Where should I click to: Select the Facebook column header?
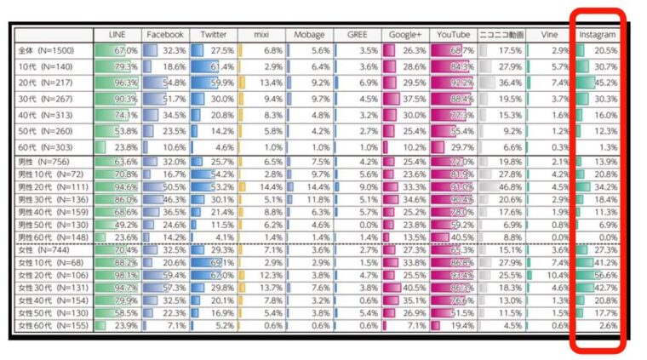click(164, 35)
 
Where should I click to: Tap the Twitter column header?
click(213, 35)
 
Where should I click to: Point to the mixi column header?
click(261, 35)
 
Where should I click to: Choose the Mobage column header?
click(309, 35)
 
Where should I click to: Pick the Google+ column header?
click(405, 35)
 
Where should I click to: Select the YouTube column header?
click(453, 35)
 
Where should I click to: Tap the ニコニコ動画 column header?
click(501, 35)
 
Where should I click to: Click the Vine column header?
click(548, 35)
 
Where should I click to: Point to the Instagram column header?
click(597, 35)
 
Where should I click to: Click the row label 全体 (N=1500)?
click(48, 51)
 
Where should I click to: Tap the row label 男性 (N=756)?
click(48, 161)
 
